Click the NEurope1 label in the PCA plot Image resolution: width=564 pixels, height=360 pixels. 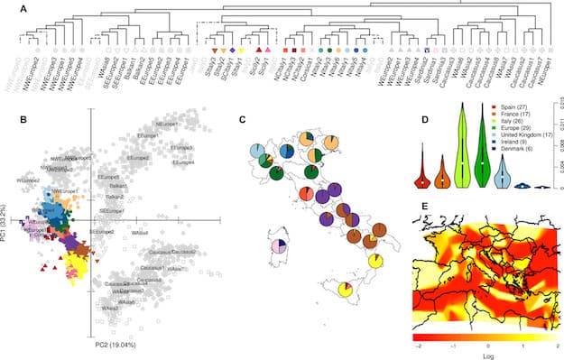[x=169, y=124]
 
